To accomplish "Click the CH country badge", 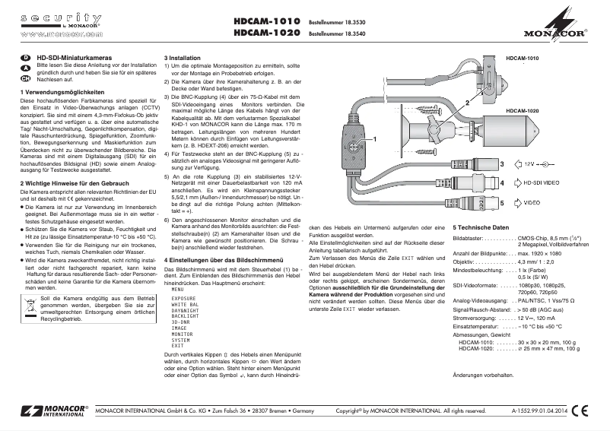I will click(x=25, y=78).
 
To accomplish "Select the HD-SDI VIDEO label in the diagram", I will click(x=545, y=183).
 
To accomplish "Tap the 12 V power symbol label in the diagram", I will click(x=529, y=163).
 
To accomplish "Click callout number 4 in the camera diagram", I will click(x=501, y=183).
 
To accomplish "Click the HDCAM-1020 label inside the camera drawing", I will click(x=522, y=111).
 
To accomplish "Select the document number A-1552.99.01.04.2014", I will click(x=539, y=411).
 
